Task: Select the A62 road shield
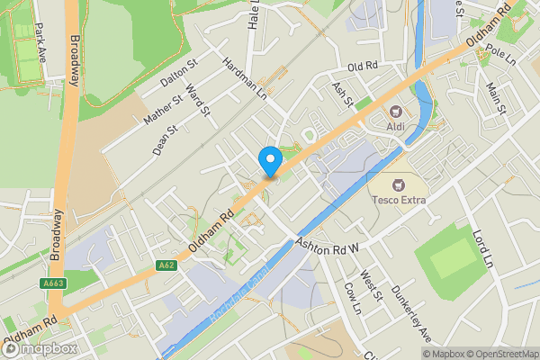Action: tap(165, 265)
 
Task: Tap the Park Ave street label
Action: tap(39, 41)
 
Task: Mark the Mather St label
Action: tap(161, 105)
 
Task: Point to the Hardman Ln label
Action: tap(244, 77)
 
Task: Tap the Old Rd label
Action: tap(362, 67)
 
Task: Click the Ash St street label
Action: tap(341, 91)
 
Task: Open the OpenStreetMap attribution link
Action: tap(498, 353)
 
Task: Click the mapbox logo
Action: tap(40, 347)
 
